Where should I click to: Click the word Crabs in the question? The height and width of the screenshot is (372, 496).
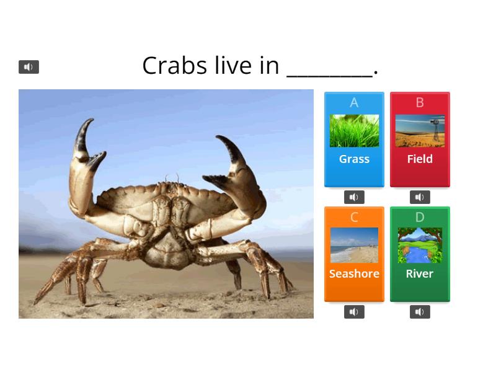[x=175, y=65]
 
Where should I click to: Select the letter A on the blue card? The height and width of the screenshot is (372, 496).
[x=354, y=103]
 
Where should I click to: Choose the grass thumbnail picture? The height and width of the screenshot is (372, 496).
[x=354, y=131]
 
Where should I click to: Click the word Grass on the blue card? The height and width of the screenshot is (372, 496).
[x=354, y=159]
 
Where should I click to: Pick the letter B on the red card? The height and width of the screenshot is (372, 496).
[x=420, y=103]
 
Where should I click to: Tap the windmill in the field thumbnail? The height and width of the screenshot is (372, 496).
[x=438, y=128]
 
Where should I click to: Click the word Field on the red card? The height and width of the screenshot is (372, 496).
[x=420, y=159]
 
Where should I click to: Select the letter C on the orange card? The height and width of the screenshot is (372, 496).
[x=354, y=218]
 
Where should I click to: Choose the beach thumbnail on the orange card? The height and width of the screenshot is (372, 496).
[x=354, y=246]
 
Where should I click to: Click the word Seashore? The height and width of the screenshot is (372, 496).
[x=354, y=274]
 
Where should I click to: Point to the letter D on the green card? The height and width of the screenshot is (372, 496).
[x=420, y=218]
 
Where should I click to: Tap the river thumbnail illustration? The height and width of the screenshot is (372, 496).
[x=420, y=246]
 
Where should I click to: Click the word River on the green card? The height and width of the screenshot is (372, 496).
[x=420, y=274]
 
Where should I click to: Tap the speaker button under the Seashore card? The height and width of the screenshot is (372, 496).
[x=354, y=312]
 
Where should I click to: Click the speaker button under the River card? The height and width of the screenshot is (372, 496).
[x=420, y=312]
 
